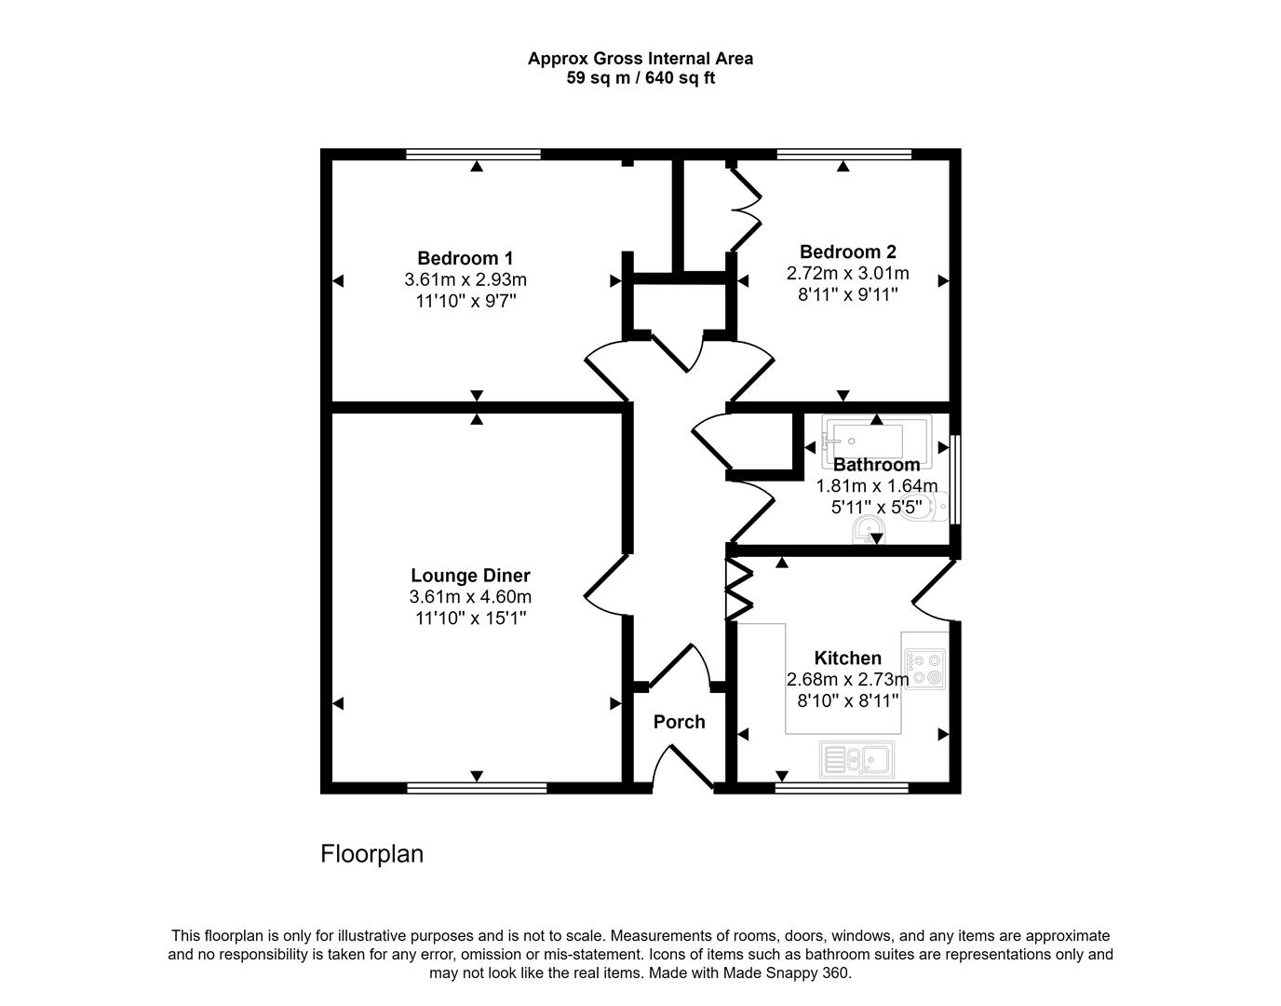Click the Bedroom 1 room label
click(465, 258)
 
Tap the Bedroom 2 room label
click(847, 251)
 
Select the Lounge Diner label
click(470, 576)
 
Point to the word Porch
click(679, 722)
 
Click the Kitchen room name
click(847, 658)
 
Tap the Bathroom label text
click(876, 465)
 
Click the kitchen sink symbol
click(856, 759)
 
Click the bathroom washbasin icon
click(869, 530)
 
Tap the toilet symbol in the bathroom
click(937, 507)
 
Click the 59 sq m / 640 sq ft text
click(640, 78)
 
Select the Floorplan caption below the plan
click(371, 854)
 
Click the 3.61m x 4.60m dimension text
click(470, 597)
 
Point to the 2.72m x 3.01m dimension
click(847, 274)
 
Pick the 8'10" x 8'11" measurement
click(847, 700)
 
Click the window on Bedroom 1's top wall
click(473, 155)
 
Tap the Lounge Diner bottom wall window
click(477, 788)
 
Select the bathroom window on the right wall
click(954, 480)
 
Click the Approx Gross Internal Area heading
click(640, 59)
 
